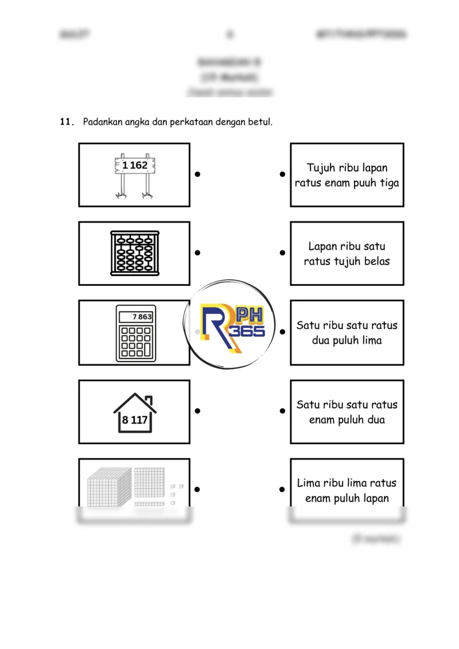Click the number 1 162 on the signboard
pos(135,165)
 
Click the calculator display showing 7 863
pos(137,317)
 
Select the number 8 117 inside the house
pos(135,420)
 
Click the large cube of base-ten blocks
pos(109,487)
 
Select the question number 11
pos(67,122)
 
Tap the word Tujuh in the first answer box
pos(320,168)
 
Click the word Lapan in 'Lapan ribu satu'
pos(321,246)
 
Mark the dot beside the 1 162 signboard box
pos(197,174)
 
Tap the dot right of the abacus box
pos(197,252)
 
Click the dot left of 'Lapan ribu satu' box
pos(282,252)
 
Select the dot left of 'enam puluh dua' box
pos(282,411)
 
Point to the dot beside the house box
pos(197,411)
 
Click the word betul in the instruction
pos(258,122)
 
